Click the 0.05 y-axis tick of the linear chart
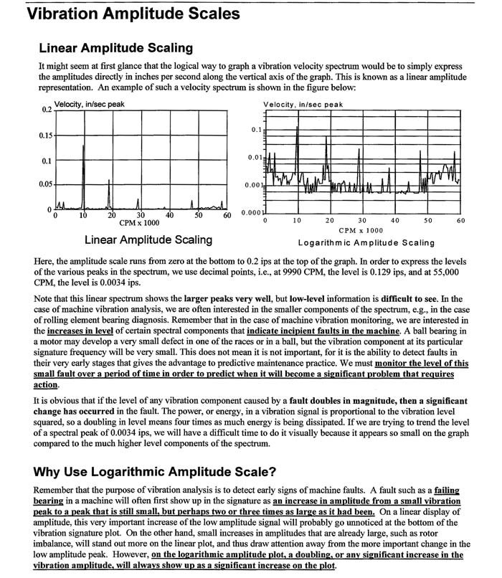tap(45, 184)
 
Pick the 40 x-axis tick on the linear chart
tap(169, 215)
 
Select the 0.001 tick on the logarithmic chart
tap(253, 185)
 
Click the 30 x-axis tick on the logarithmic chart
tap(362, 220)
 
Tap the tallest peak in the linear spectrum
tap(84, 147)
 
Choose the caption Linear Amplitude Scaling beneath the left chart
tap(148, 240)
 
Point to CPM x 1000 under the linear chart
tap(140, 223)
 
